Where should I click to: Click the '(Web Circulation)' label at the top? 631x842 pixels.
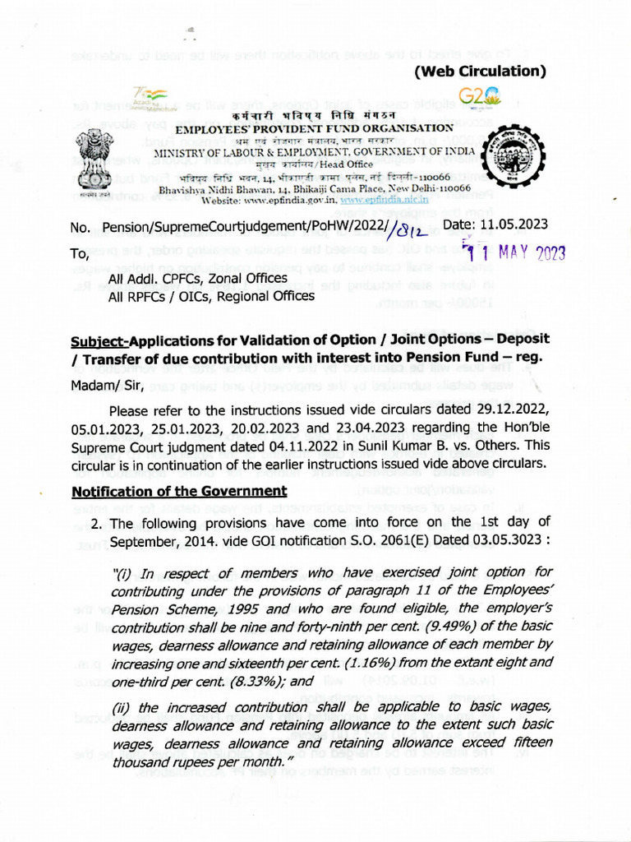coord(480,72)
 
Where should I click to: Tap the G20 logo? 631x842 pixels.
coord(476,99)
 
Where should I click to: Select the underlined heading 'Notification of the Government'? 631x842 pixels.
coord(179,492)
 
